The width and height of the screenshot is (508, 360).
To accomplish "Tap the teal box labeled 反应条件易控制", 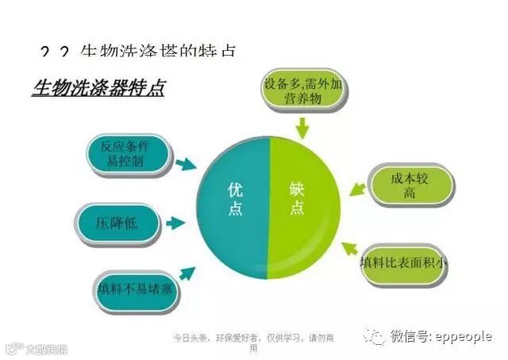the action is pyautogui.click(x=129, y=156).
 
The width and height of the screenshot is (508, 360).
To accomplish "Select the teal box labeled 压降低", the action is pyautogui.click(x=119, y=223).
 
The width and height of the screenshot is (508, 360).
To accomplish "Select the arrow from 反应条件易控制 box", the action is pyautogui.click(x=186, y=165).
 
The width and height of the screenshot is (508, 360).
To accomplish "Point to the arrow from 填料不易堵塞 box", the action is pyautogui.click(x=187, y=273).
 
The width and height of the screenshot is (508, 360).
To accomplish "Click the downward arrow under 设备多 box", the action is pyautogui.click(x=302, y=126).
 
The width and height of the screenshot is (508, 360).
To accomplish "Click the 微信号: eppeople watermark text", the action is pyautogui.click(x=441, y=337).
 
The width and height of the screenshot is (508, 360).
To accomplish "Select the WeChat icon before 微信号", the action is pyautogui.click(x=374, y=337).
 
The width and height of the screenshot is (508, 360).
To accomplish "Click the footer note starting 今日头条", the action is pyautogui.click(x=253, y=343).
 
